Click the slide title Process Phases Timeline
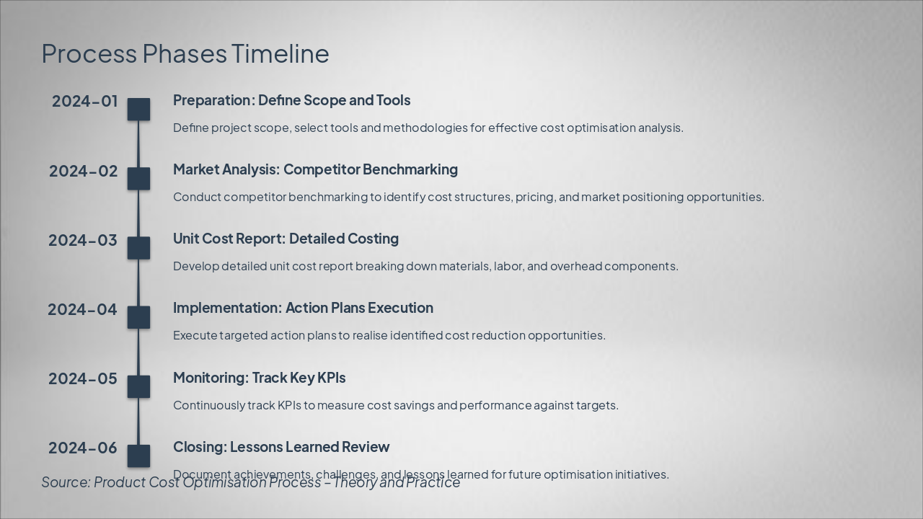(x=185, y=53)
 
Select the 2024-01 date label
(x=84, y=102)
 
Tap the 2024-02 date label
(x=83, y=171)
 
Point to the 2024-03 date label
(x=83, y=240)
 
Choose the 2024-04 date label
(x=82, y=309)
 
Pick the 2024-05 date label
(x=83, y=378)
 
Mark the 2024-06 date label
(x=83, y=448)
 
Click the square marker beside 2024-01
(x=138, y=110)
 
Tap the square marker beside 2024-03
(x=138, y=248)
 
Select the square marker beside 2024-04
(x=138, y=317)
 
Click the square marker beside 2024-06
(x=138, y=456)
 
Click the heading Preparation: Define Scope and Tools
(x=291, y=100)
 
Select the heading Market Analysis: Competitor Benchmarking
(x=315, y=169)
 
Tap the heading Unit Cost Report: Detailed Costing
(x=286, y=239)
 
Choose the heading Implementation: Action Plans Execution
(x=303, y=308)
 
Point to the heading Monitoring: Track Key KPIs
(x=259, y=378)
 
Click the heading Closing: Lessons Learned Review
(x=281, y=447)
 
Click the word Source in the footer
(x=65, y=482)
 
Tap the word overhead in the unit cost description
(x=576, y=266)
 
